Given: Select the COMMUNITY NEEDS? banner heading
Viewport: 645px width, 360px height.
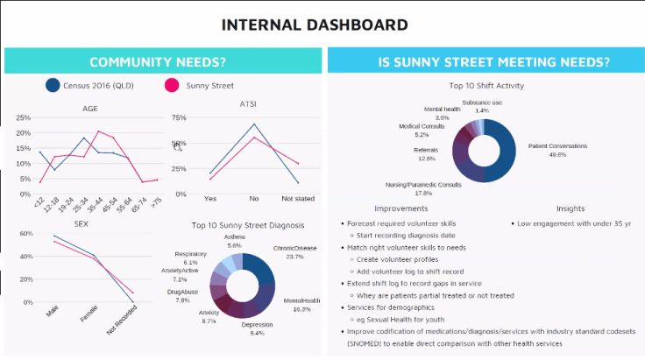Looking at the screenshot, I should tap(158, 62).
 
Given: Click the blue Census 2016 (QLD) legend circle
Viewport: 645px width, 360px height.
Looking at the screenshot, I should tap(53, 85).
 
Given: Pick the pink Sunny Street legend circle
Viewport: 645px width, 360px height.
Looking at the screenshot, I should tap(172, 85).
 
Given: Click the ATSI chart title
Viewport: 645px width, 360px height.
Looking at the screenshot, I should tap(248, 105).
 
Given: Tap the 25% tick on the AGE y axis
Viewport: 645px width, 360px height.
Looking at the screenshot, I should tap(24, 117).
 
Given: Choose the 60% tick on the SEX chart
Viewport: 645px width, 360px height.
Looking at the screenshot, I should tap(25, 234).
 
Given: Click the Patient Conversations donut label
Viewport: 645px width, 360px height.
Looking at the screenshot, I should tap(557, 145).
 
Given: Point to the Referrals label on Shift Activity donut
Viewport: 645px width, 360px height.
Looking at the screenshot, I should tap(425, 150).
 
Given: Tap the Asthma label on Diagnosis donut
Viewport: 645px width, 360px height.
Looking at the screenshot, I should tap(234, 236).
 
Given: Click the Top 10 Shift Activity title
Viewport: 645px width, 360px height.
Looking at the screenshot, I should tap(486, 86).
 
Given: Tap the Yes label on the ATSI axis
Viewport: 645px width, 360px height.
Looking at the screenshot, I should tap(210, 199).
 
